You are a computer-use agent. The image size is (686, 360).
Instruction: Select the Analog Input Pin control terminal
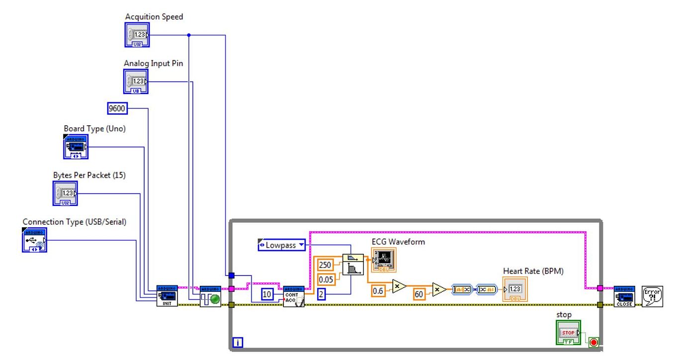click(136, 81)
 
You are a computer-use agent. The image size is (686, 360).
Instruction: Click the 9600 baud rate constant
click(117, 108)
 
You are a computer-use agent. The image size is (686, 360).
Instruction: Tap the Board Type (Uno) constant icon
click(76, 147)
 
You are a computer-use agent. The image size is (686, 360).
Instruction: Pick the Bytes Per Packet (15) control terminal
click(65, 193)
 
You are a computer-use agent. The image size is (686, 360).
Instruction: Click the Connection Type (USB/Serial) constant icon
click(34, 240)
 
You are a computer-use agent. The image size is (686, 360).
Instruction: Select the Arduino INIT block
click(167, 296)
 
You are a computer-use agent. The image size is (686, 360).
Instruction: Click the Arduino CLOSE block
click(624, 296)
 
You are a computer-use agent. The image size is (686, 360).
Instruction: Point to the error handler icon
click(652, 296)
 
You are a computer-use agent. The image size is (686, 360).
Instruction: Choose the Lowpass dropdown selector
click(281, 245)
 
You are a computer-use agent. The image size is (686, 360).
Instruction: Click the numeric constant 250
click(325, 265)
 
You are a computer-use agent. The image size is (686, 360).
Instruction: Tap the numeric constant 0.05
click(326, 279)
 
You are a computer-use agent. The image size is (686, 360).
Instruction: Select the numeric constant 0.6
click(378, 291)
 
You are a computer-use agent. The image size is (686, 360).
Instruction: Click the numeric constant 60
click(419, 294)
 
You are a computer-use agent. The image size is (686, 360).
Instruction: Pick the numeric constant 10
click(267, 294)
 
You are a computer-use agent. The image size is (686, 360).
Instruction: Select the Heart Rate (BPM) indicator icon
click(515, 289)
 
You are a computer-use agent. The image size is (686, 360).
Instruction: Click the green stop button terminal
click(568, 333)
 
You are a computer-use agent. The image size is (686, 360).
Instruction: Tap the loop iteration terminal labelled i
click(238, 342)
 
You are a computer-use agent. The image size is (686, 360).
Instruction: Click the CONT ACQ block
click(293, 296)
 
